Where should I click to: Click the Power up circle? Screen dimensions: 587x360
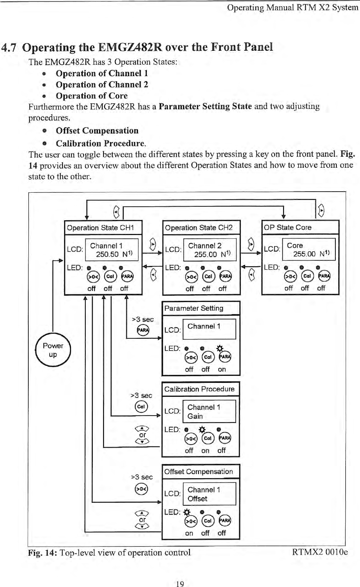click(x=53, y=350)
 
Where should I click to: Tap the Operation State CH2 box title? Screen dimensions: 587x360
click(x=199, y=228)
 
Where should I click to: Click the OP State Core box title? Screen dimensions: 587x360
click(x=287, y=227)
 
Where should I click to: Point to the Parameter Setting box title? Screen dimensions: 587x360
click(x=194, y=308)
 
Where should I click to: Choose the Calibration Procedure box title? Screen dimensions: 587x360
click(x=199, y=389)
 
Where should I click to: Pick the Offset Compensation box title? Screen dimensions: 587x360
click(x=198, y=472)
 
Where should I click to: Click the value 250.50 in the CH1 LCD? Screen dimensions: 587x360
click(x=107, y=254)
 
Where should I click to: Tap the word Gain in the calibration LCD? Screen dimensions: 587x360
click(x=195, y=416)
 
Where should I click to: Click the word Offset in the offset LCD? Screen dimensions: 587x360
click(x=197, y=499)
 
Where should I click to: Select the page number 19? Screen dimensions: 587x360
click(x=180, y=583)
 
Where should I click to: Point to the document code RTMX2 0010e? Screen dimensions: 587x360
click(x=320, y=552)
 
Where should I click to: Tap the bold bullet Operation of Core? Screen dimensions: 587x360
click(x=92, y=96)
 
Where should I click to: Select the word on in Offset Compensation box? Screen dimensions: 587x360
click(x=189, y=533)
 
